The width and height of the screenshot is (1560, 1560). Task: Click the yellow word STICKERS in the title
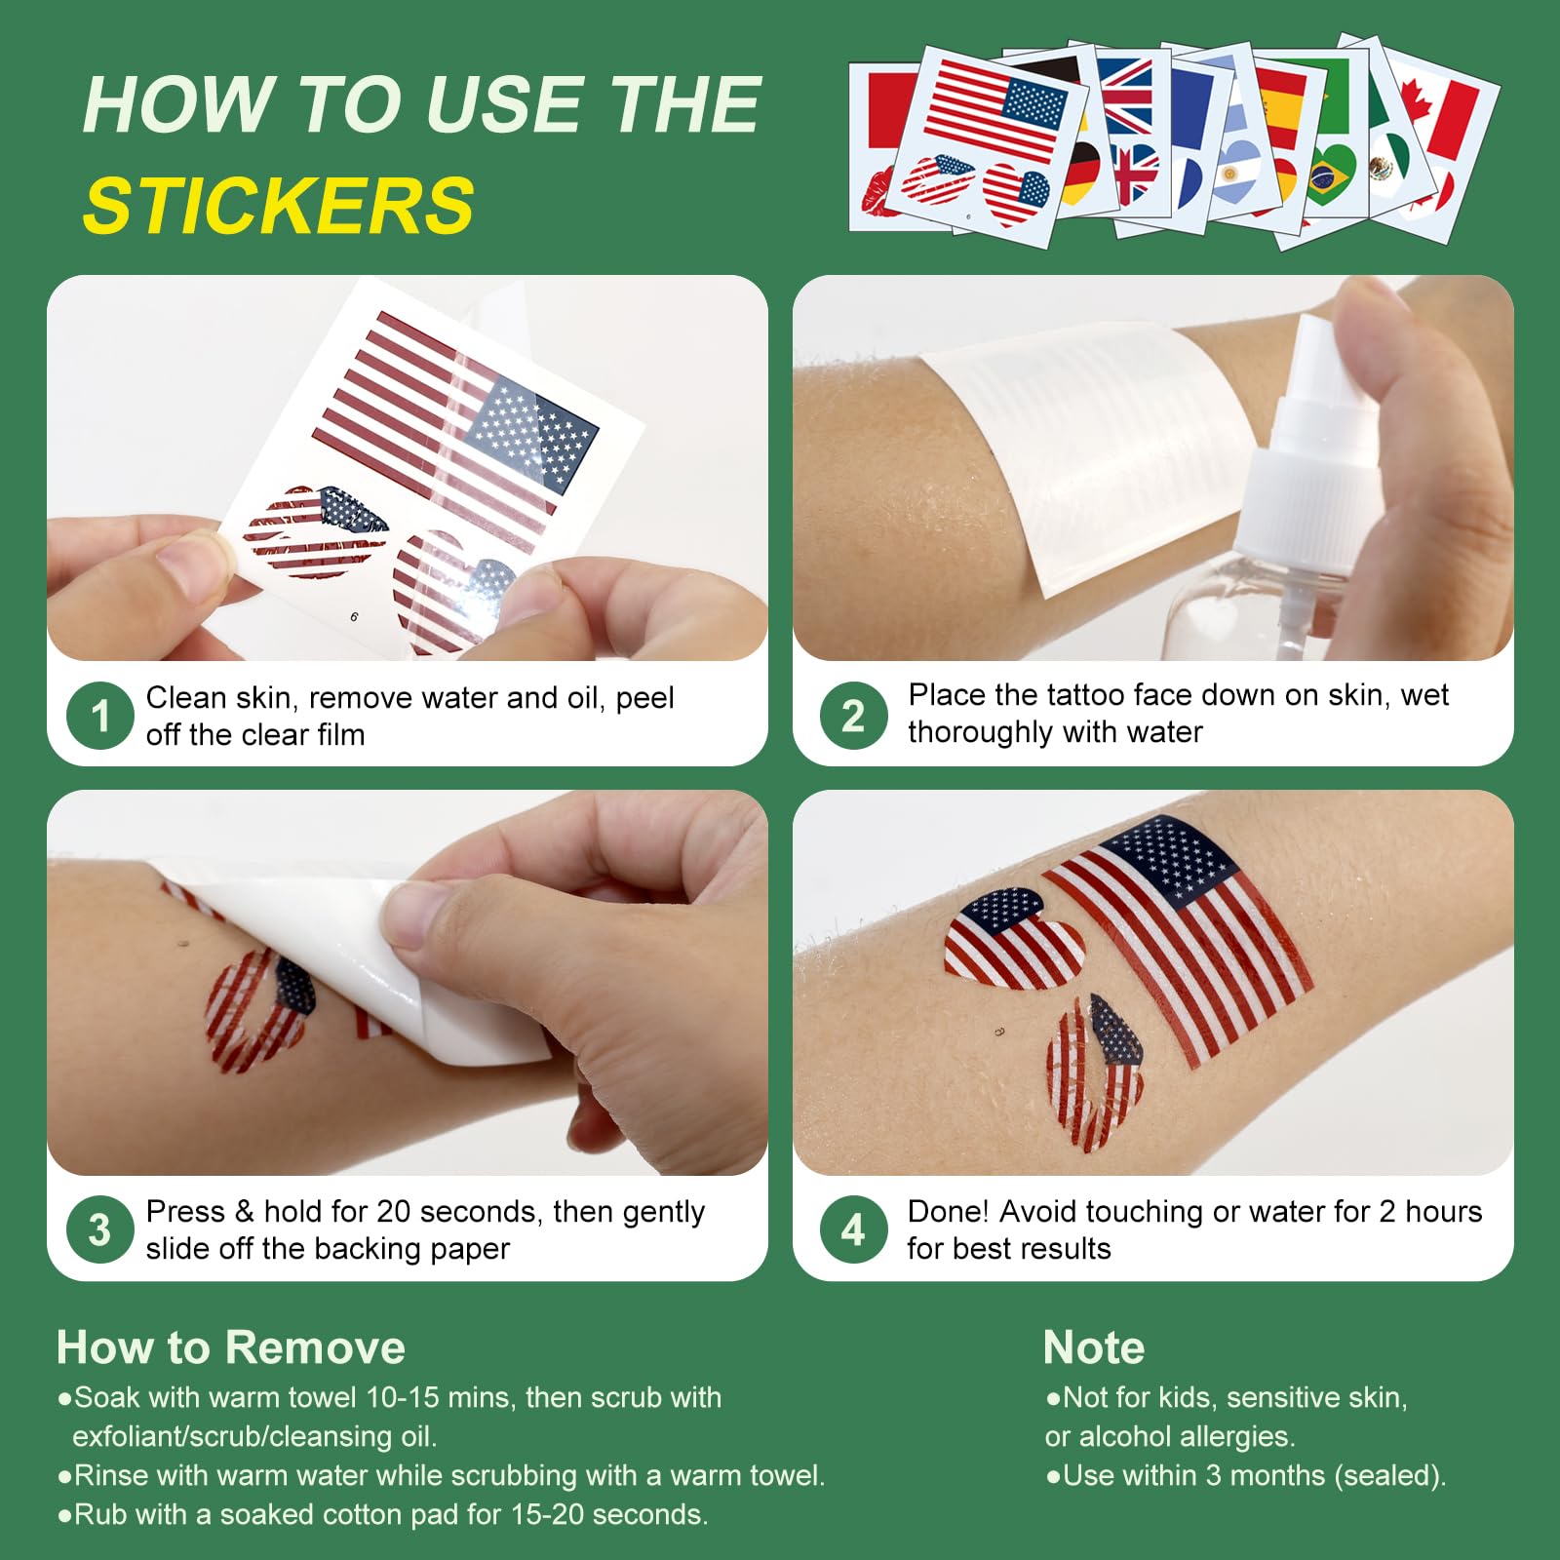pos(279,206)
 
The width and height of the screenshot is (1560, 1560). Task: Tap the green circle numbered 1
pos(99,716)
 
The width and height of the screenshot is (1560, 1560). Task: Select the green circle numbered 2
pos(853,716)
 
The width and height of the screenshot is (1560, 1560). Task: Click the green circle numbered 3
pos(99,1229)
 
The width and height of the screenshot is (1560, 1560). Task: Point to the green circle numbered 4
pos(853,1229)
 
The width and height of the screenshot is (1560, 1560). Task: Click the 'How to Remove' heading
pos(231,1347)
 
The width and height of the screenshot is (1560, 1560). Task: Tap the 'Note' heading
pos(1094,1347)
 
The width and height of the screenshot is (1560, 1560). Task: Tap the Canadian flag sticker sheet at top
pos(1433,136)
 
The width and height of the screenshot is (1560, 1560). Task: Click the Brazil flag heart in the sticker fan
pos(1330,175)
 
